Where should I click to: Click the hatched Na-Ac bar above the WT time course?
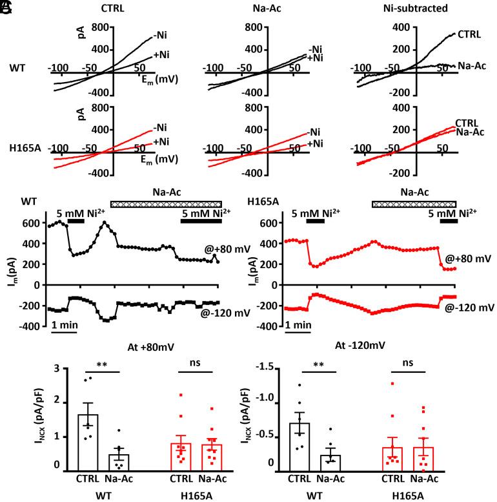166,204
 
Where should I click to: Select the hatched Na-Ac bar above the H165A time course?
413,204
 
